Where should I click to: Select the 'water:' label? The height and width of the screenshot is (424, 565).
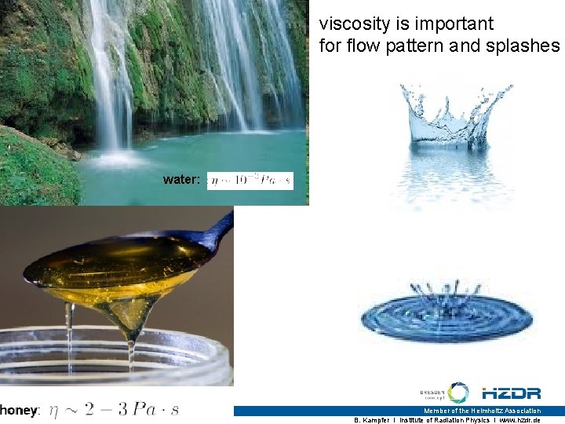coord(181,180)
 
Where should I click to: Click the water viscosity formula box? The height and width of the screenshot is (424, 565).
coord(250,181)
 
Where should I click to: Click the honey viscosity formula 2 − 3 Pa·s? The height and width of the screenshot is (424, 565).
coord(115,409)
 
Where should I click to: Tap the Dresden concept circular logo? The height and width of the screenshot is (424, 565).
coord(457,393)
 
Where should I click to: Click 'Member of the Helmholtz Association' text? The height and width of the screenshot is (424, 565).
coord(482,411)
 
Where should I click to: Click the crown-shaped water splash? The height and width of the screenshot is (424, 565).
coord(447,118)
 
